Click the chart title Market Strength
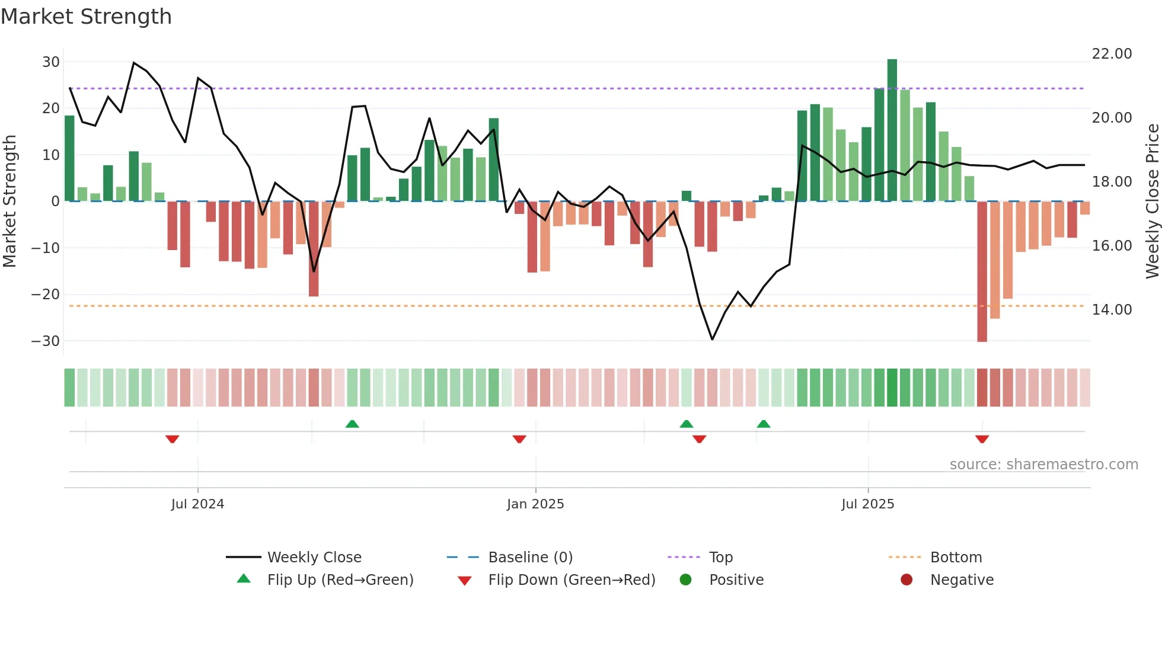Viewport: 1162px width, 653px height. pyautogui.click(x=87, y=17)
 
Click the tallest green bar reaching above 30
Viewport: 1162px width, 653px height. pyautogui.click(x=892, y=130)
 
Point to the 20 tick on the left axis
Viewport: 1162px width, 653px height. pyautogui.click(x=51, y=108)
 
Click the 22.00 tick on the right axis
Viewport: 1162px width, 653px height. pyautogui.click(x=1112, y=54)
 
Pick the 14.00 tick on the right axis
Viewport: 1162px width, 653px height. pyautogui.click(x=1112, y=310)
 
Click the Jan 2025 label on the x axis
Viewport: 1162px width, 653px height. pyautogui.click(x=535, y=504)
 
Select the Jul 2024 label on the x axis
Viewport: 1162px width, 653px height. pyautogui.click(x=197, y=504)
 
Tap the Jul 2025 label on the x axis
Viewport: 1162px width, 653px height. pyautogui.click(x=867, y=504)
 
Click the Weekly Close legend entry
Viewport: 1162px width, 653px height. pyautogui.click(x=314, y=558)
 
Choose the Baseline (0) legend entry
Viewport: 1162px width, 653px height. pyautogui.click(x=530, y=558)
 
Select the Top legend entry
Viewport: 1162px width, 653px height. pyautogui.click(x=720, y=558)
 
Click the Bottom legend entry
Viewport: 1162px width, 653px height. pyautogui.click(x=956, y=558)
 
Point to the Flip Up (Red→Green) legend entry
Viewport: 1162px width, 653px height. pyautogui.click(x=340, y=580)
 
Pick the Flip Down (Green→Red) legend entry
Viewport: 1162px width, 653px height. pyautogui.click(x=572, y=580)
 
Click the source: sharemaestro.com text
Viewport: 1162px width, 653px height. pyautogui.click(x=1043, y=465)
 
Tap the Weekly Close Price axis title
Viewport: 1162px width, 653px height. pyautogui.click(x=1152, y=201)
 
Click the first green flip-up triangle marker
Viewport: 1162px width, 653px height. pyautogui.click(x=352, y=424)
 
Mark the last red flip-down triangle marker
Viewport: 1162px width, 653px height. pyautogui.click(x=982, y=439)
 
